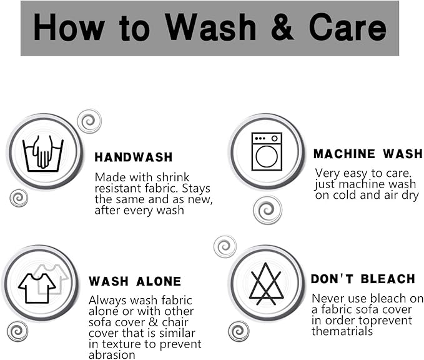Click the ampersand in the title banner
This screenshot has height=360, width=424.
282,27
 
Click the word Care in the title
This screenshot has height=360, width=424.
348,27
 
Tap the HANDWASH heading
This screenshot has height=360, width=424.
134,157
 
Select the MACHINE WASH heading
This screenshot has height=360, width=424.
368,154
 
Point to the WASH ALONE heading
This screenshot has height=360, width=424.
135,281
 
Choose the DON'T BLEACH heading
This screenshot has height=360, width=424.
363,279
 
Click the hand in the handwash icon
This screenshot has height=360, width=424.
43,152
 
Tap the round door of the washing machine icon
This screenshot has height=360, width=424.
267,157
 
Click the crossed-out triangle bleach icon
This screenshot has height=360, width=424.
267,284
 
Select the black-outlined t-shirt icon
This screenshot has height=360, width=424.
37,288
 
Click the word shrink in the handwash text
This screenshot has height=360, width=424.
173,177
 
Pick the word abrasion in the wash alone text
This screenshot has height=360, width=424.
112,355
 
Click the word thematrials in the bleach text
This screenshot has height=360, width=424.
342,331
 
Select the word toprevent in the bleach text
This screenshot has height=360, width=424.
387,321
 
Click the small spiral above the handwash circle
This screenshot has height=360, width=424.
89,121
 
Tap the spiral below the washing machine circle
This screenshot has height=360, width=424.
267,210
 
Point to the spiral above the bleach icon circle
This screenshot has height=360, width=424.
225,247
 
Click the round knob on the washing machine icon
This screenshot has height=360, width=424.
275,138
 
